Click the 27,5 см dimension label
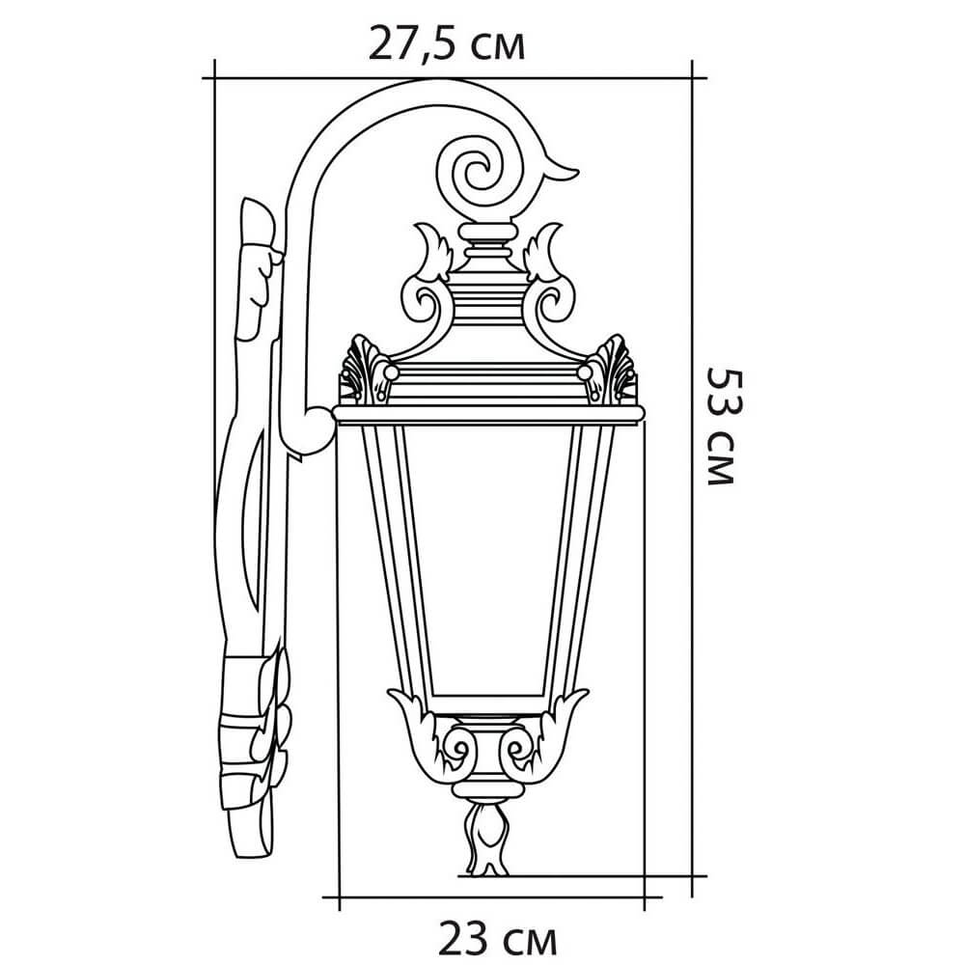[447, 43]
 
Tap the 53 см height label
[720, 427]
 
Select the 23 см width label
[497, 940]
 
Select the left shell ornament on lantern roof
[365, 370]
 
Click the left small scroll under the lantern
[458, 750]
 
